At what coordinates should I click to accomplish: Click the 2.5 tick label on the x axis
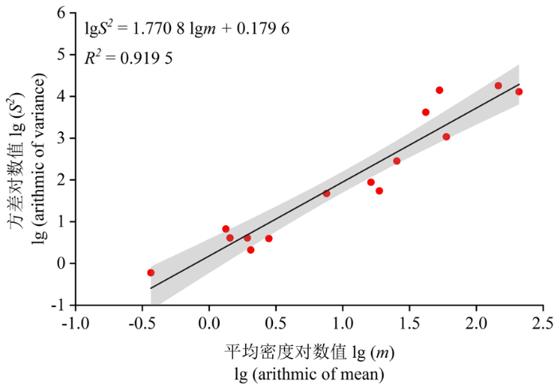pyautogui.click(x=543, y=323)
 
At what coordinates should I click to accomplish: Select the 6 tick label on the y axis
pyautogui.click(x=61, y=13)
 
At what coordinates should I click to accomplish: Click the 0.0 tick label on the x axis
pyautogui.click(x=209, y=323)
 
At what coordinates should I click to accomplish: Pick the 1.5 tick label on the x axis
pyautogui.click(x=409, y=323)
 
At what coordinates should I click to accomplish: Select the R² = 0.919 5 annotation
pyautogui.click(x=129, y=57)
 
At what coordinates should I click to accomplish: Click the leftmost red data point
pyautogui.click(x=150, y=273)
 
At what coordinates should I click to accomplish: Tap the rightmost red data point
pyautogui.click(x=519, y=91)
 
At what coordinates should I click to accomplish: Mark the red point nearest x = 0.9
pyautogui.click(x=326, y=193)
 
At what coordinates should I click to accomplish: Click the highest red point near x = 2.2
pyautogui.click(x=498, y=86)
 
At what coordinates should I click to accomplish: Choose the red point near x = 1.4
pyautogui.click(x=396, y=161)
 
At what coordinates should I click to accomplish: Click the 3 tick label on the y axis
pyautogui.click(x=61, y=138)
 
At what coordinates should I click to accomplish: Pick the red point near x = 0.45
pyautogui.click(x=269, y=239)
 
